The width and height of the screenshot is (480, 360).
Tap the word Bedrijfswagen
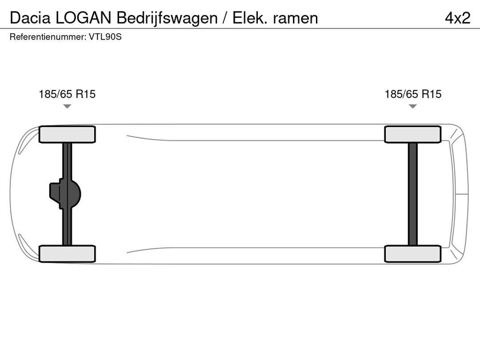pyautogui.click(x=167, y=18)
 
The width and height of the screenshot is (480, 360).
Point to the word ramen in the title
pyautogui.click(x=296, y=18)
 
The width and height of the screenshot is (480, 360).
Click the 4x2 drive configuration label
pyautogui.click(x=457, y=18)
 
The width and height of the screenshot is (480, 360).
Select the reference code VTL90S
pyautogui.click(x=105, y=37)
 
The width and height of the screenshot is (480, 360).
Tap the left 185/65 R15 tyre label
pyautogui.click(x=67, y=94)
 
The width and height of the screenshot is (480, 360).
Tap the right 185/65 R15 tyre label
pyautogui.click(x=413, y=94)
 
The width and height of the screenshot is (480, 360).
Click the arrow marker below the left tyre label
pyautogui.click(x=67, y=106)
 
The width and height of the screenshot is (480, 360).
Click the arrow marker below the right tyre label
pyautogui.click(x=413, y=106)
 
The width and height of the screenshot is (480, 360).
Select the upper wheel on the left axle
pyautogui.click(x=67, y=134)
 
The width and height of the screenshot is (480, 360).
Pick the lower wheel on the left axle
pyautogui.click(x=67, y=254)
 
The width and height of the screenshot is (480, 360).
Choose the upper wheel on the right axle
pyautogui.click(x=413, y=134)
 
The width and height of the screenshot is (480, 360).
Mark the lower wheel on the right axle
pyautogui.click(x=413, y=254)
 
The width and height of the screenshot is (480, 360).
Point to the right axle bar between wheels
pyautogui.click(x=413, y=194)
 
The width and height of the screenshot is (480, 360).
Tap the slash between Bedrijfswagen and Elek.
pyautogui.click(x=226, y=18)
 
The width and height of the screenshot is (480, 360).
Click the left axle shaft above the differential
pyautogui.click(x=67, y=160)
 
